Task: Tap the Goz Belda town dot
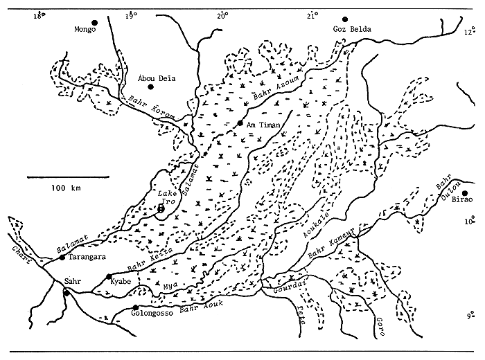click(x=344, y=20)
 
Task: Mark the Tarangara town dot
click(x=62, y=258)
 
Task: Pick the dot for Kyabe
click(x=108, y=276)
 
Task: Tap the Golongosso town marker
click(x=136, y=307)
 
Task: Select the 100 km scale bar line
click(x=65, y=177)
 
